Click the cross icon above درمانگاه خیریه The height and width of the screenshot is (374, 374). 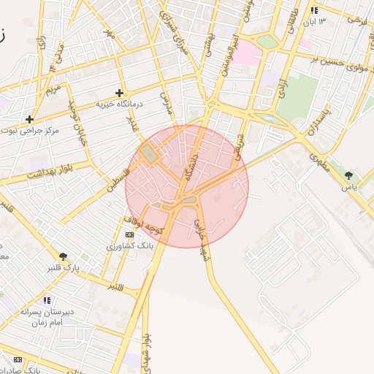coord(119,93)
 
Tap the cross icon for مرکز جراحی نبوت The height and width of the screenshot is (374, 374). coord(29,119)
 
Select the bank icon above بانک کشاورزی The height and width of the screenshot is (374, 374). coord(130,234)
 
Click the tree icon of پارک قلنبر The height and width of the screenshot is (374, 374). coord(64,256)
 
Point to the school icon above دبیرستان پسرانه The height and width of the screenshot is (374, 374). coord(47,300)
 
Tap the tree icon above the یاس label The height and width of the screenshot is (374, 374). coord(348,175)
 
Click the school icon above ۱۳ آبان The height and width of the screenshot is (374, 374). coord(314,11)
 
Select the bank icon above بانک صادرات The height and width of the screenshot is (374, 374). coord(18,359)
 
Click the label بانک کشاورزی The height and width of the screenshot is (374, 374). coord(131,246)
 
